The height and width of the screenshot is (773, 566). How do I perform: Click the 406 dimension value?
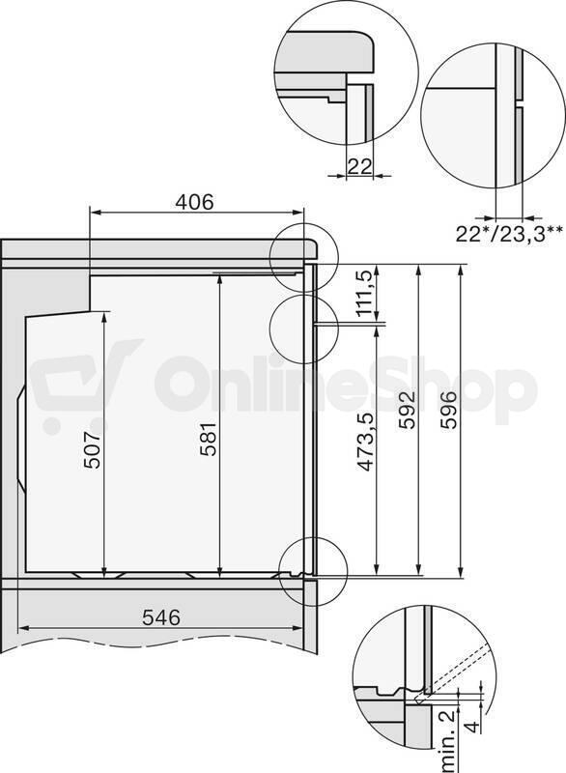click(x=195, y=202)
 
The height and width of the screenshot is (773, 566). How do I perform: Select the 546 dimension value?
click(x=161, y=617)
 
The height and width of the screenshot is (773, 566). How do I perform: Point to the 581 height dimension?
click(x=209, y=439)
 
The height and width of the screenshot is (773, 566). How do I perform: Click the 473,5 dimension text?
click(x=365, y=443)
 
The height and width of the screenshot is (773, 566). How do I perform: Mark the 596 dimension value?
click(x=448, y=410)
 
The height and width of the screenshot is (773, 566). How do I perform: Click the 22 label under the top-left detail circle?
click(x=359, y=166)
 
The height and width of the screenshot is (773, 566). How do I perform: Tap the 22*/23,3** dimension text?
click(x=509, y=234)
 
